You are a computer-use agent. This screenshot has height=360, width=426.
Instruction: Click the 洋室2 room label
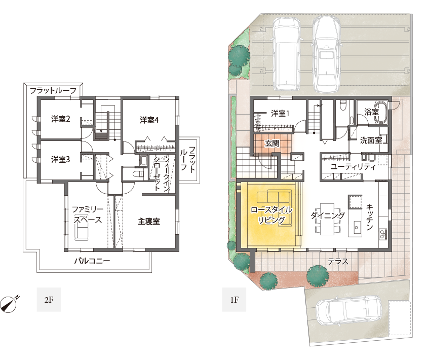pos(61,119)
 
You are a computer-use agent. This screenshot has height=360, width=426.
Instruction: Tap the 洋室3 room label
pos(61,160)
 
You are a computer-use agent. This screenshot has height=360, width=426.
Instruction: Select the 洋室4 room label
pos(149,120)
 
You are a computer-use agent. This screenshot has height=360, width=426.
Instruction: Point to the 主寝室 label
pos(148,222)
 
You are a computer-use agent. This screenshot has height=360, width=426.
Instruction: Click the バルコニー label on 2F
pos(92,261)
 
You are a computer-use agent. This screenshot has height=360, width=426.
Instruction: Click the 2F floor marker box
pos(49,300)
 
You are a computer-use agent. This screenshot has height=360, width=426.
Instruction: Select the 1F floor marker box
pos(234,300)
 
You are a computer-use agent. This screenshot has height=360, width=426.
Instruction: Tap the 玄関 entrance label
pos(272,143)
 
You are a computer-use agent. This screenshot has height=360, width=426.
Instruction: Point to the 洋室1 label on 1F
pos(280,114)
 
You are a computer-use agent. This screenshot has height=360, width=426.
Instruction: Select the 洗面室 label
pos(371,140)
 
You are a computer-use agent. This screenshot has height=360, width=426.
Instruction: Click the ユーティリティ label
pos(353,167)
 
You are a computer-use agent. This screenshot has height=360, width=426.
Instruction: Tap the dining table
pos(328,219)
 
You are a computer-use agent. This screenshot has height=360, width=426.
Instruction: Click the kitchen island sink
pos(357,226)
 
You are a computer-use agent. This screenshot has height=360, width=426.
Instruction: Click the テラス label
pos(338,262)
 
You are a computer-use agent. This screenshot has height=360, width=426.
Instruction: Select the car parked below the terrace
pos(349,311)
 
